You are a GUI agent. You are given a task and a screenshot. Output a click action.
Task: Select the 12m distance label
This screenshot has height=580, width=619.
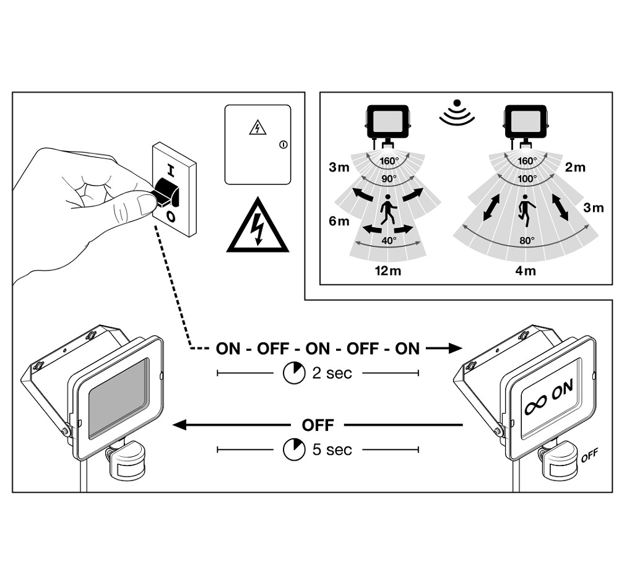387,270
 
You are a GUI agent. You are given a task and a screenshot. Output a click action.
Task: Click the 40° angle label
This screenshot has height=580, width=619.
388,241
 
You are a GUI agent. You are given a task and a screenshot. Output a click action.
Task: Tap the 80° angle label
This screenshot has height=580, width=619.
527,241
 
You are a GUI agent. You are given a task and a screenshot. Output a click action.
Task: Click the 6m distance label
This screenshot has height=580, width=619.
339,221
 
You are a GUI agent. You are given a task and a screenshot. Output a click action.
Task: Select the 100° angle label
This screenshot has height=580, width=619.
527,178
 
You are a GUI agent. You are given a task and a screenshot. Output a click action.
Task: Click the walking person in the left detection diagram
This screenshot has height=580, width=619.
388,210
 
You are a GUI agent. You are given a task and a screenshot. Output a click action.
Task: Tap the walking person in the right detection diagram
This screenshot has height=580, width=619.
527,210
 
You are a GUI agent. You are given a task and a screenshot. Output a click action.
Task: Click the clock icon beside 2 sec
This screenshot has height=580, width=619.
293,373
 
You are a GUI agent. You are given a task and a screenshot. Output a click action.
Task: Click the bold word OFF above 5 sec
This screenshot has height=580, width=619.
318,425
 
